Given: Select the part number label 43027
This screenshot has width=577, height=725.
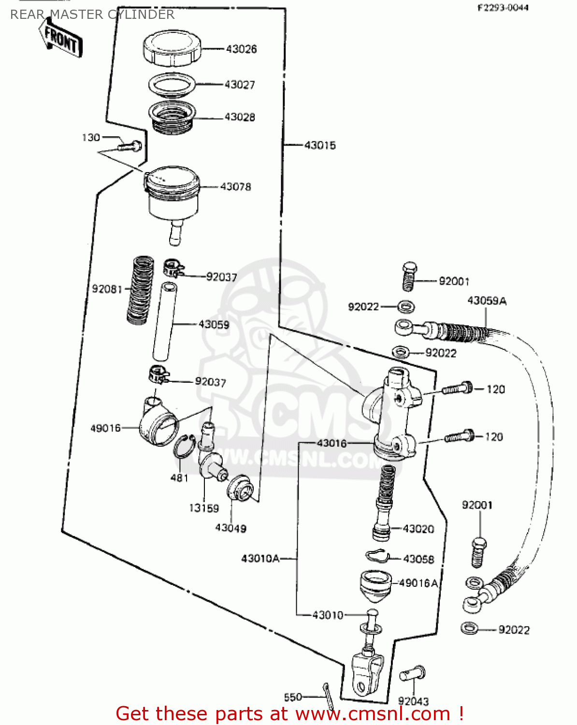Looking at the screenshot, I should (x=240, y=85).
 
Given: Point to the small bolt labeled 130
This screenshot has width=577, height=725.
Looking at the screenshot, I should (x=130, y=145).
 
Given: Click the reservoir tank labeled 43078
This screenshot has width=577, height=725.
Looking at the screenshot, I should (x=173, y=193).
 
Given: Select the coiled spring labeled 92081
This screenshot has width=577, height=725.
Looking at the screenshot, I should (x=141, y=290).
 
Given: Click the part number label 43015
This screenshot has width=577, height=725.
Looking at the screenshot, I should (x=320, y=145).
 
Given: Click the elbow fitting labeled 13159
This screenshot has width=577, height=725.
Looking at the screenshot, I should (x=211, y=457).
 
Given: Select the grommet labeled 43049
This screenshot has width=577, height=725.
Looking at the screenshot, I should (x=240, y=488).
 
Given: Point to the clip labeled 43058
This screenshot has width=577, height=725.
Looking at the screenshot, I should (x=377, y=556).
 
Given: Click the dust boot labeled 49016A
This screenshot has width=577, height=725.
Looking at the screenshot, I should (x=375, y=585).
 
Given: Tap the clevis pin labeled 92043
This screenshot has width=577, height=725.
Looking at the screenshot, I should (x=412, y=674).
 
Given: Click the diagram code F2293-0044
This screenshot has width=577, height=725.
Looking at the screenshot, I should (x=503, y=8).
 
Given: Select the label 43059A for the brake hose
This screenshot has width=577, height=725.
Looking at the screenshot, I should (x=487, y=301).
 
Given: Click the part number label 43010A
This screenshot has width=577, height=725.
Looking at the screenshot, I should (x=260, y=559).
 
